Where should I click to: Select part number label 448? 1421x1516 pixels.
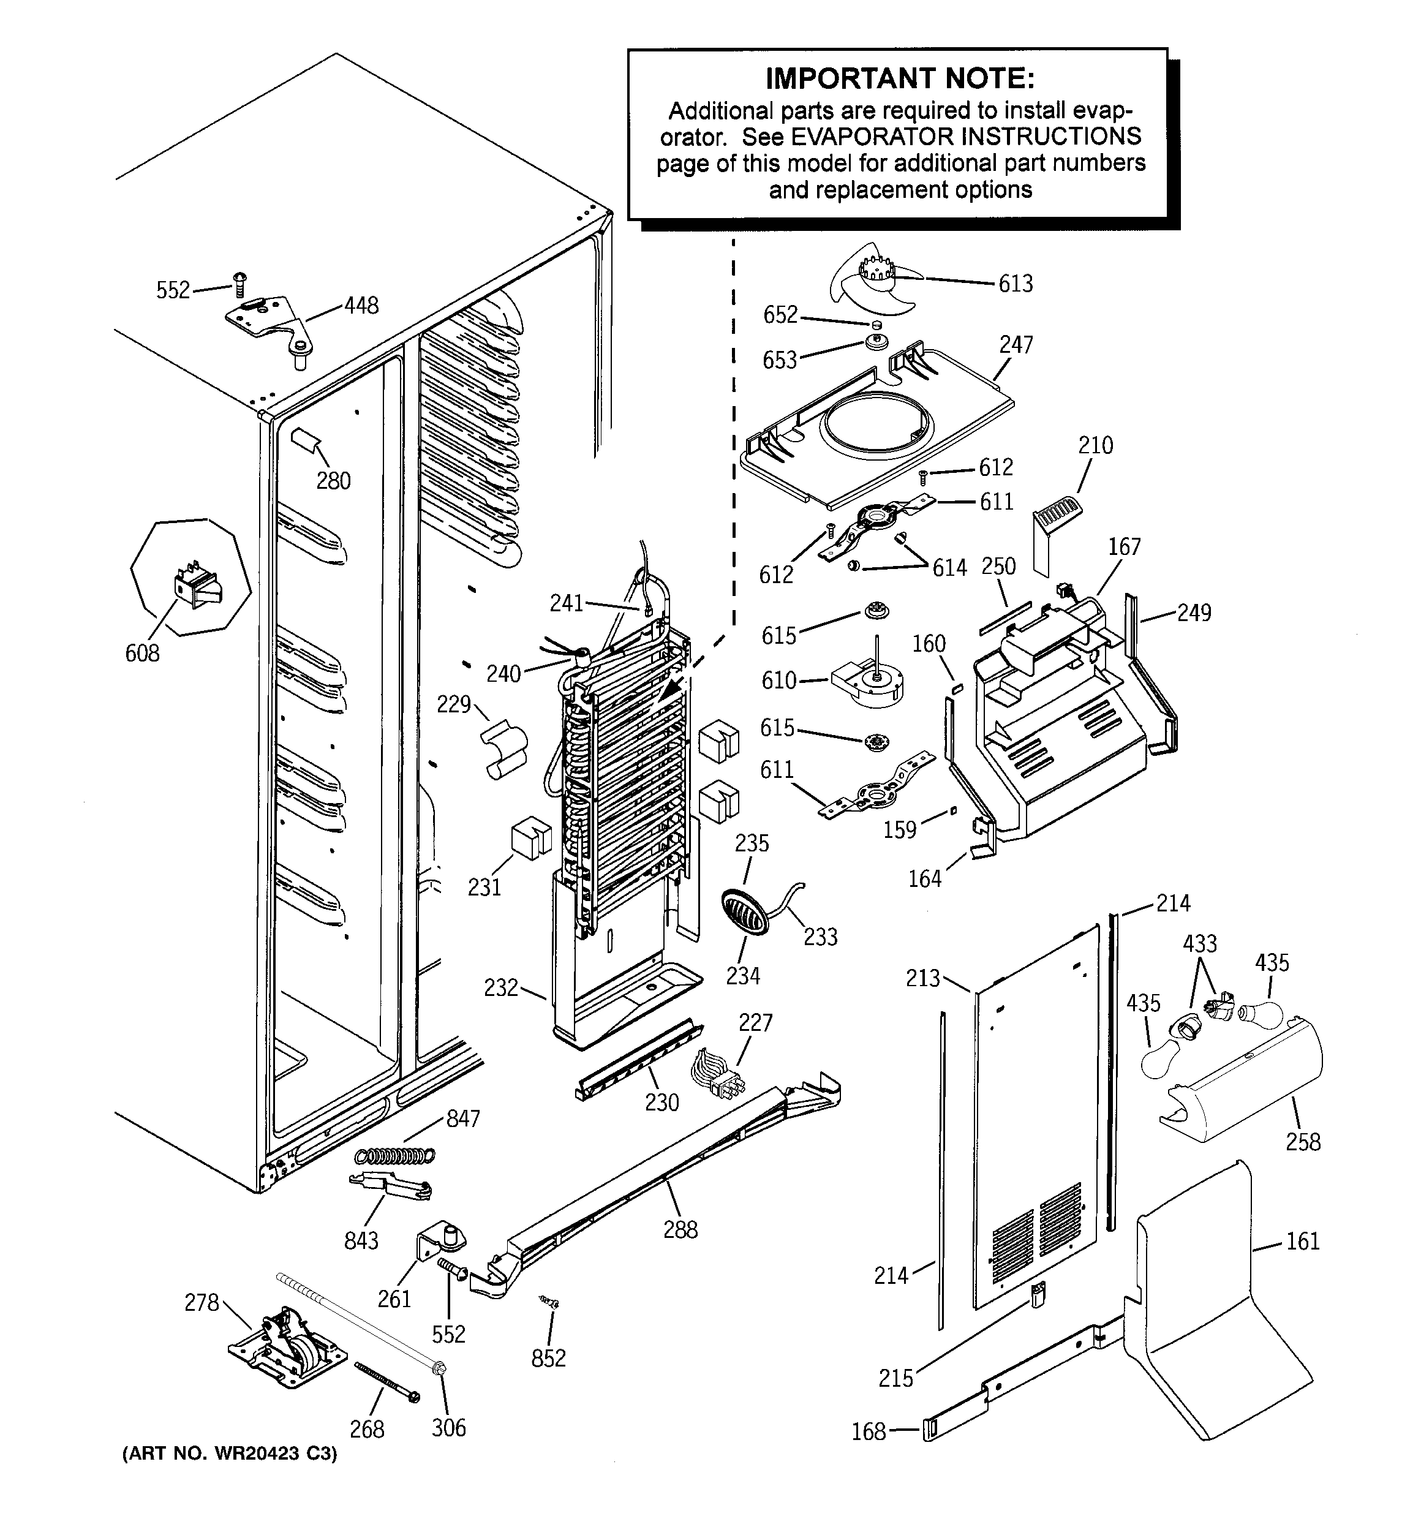click(361, 306)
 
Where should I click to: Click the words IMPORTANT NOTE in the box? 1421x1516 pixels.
click(900, 78)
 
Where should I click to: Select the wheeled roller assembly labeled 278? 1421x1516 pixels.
click(287, 1348)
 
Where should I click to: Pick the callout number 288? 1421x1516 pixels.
click(680, 1229)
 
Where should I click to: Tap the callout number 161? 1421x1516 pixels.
click(1302, 1242)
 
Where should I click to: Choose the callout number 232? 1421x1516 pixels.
click(501, 987)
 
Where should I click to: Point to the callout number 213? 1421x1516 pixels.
click(922, 978)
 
